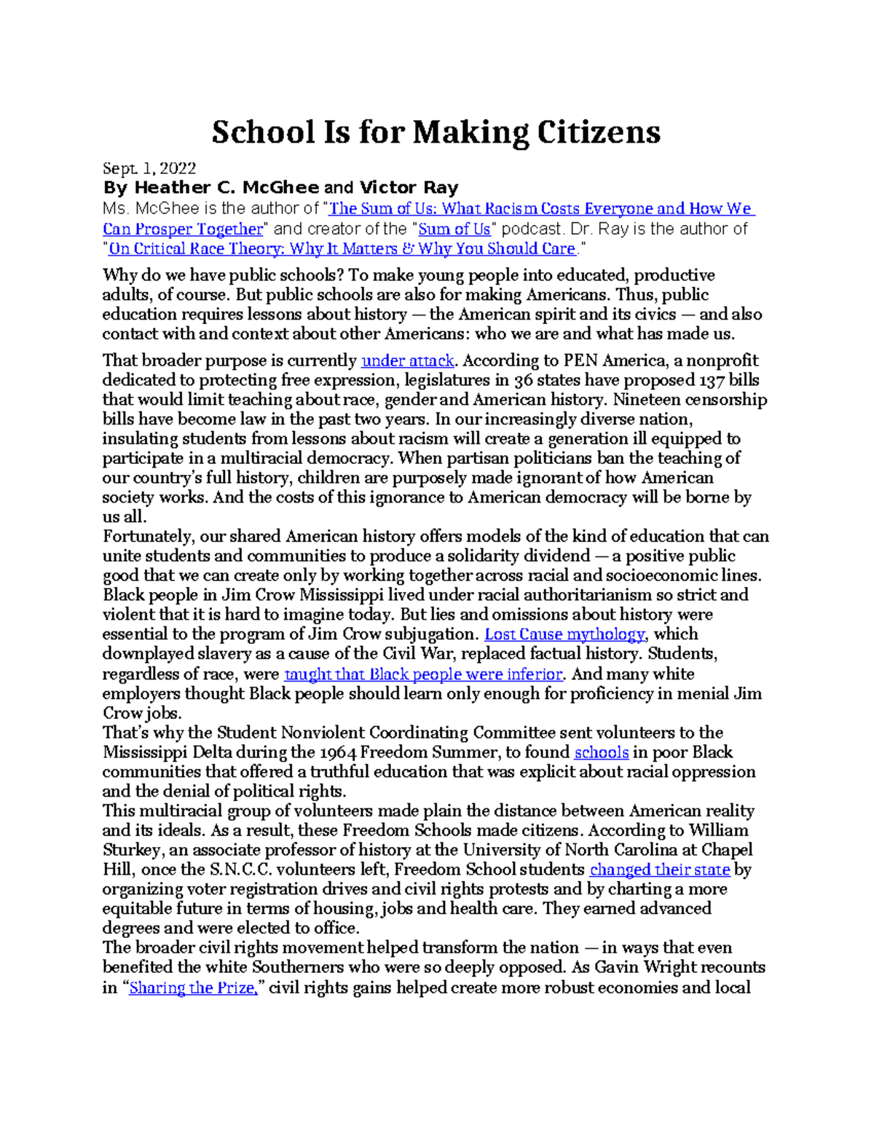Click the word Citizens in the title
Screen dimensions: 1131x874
599,133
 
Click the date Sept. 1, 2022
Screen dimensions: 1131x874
149,169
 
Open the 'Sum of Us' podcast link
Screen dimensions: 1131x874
454,229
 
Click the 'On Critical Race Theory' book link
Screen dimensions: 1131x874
342,249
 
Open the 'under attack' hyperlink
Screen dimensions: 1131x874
408,361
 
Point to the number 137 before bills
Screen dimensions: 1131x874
712,381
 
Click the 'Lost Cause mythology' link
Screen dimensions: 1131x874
564,634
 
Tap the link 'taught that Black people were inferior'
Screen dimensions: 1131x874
423,674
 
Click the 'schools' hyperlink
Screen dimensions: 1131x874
601,753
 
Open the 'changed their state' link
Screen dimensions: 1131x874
659,870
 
